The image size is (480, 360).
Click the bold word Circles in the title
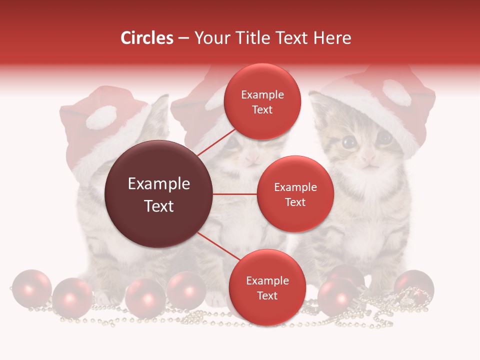[146, 38]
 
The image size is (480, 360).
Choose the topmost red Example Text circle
[262, 101]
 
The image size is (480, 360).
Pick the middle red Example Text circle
[295, 194]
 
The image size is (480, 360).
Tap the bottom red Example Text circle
[267, 287]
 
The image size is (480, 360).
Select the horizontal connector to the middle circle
[234, 194]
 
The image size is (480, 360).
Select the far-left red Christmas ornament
[31, 288]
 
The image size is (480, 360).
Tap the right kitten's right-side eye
[384, 137]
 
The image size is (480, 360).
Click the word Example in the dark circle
[159, 184]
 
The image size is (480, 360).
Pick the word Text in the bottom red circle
[267, 295]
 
